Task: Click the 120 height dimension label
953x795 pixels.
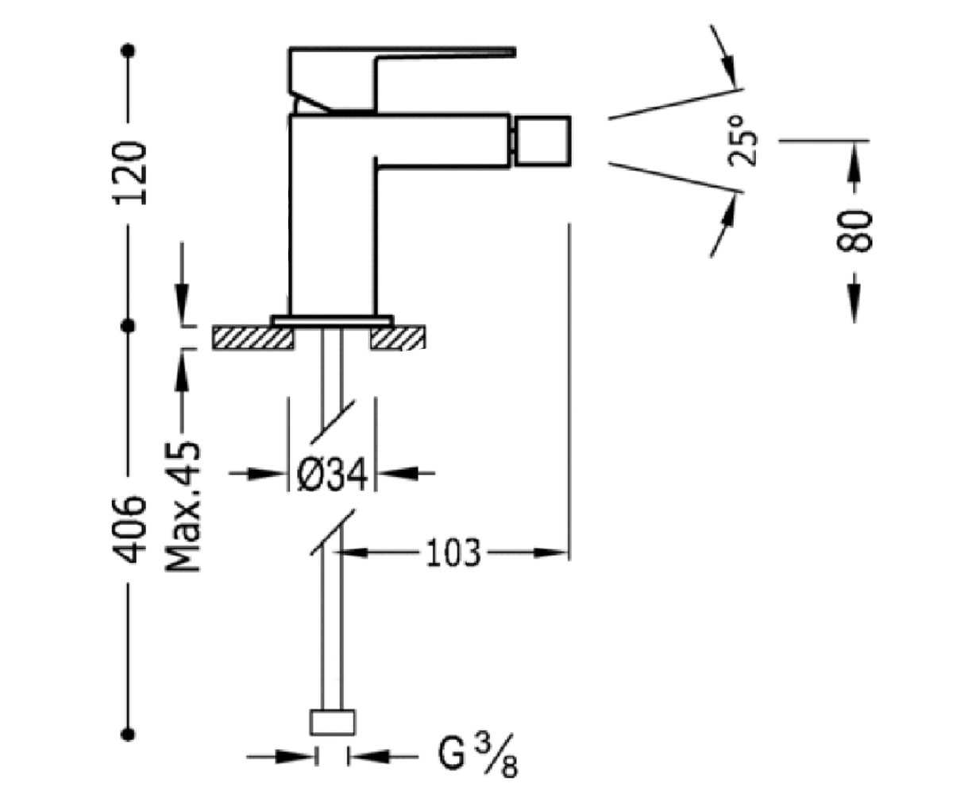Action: point(129,173)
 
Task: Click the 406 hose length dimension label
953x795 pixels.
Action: point(129,529)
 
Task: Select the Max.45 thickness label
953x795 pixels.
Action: point(183,506)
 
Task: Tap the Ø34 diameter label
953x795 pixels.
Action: point(332,475)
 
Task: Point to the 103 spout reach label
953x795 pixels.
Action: point(453,553)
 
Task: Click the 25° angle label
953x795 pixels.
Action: point(742,141)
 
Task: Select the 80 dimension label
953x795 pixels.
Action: point(854,231)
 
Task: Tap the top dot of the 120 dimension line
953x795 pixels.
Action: point(128,50)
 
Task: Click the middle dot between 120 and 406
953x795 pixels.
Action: point(128,326)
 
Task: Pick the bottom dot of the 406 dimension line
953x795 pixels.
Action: point(128,735)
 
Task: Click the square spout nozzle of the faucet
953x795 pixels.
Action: point(543,141)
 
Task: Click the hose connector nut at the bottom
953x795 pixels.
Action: point(332,723)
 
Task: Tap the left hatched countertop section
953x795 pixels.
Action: point(253,338)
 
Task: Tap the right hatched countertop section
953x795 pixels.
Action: point(398,338)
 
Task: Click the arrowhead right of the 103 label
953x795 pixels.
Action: point(551,553)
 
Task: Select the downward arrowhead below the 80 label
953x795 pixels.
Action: point(854,304)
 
